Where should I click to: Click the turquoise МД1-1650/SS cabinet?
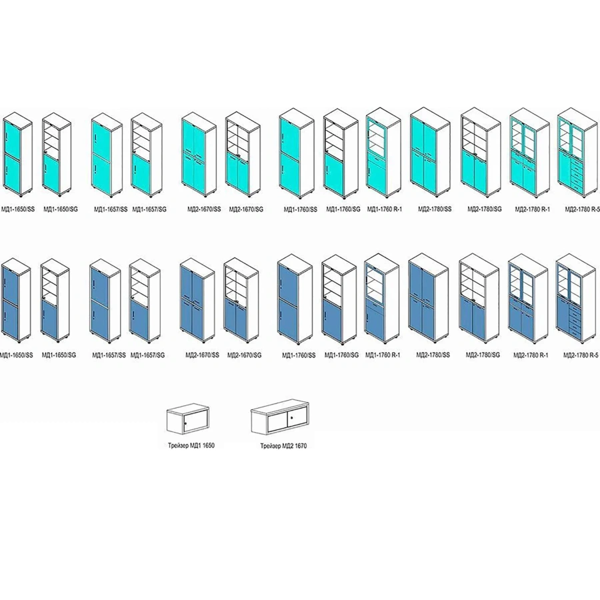[17, 157]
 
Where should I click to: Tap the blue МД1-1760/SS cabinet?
[294, 299]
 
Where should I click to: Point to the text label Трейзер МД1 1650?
[191, 444]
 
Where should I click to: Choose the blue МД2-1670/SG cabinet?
[241, 300]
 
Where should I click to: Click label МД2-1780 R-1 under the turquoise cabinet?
[531, 209]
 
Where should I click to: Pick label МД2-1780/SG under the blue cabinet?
[483, 355]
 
